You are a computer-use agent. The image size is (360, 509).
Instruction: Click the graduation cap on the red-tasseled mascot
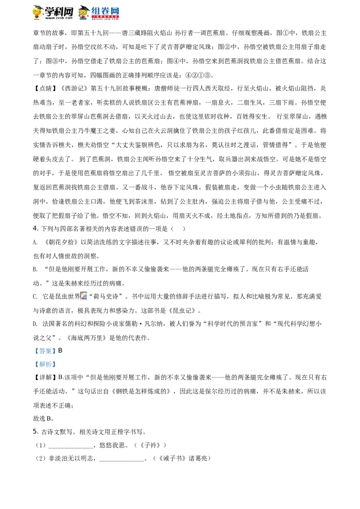[x=38, y=7]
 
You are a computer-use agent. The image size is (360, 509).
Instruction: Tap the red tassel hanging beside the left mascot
[x=44, y=13]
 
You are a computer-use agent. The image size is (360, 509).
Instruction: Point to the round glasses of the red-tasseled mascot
[x=37, y=11]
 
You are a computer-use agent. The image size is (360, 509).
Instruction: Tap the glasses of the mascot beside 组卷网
[x=83, y=12]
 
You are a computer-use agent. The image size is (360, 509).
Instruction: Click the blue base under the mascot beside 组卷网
[x=84, y=19]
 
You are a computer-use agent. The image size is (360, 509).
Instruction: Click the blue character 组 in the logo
[x=96, y=10]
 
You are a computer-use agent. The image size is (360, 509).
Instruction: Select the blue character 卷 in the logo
[x=106, y=10]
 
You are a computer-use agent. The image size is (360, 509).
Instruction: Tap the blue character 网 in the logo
[x=116, y=10]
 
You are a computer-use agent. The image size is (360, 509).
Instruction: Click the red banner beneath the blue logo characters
[x=106, y=17]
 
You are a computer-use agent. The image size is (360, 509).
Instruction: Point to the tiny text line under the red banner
[x=106, y=20]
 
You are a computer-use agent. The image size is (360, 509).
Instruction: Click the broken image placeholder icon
[x=85, y=297]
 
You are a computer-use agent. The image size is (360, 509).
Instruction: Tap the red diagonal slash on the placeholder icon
[x=84, y=295]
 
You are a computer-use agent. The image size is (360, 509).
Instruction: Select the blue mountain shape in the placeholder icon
[x=85, y=299]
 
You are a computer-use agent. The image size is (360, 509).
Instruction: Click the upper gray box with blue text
[x=45, y=351]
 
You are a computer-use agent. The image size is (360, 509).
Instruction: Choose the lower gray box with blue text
[x=45, y=365]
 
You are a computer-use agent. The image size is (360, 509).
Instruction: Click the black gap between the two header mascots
[x=58, y=13]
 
